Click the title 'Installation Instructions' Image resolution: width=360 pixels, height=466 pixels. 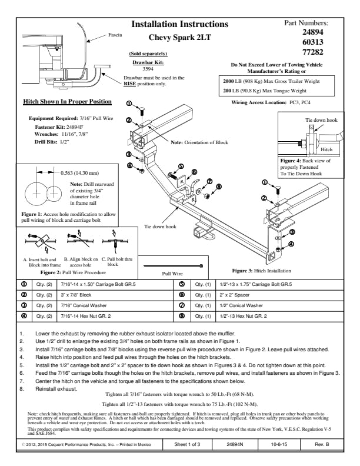tap(179, 24)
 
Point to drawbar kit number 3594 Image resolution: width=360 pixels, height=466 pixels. tap(148, 68)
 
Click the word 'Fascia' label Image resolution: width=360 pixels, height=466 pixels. tap(115, 35)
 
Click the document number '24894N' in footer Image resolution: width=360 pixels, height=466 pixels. tap(235, 446)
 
